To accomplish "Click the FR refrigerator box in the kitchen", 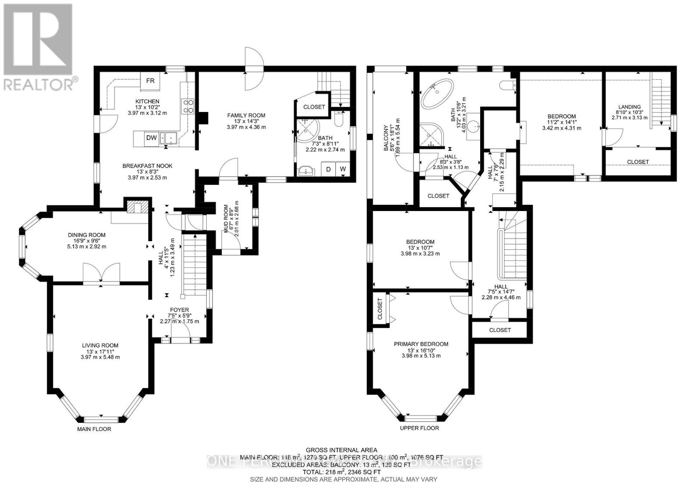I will pyautogui.click(x=150, y=81).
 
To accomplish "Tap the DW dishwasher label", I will pyautogui.click(x=151, y=138).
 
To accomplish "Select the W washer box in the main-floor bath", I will pyautogui.click(x=343, y=169).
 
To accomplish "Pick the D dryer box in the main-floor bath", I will pyautogui.click(x=329, y=169).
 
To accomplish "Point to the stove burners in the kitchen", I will pyautogui.click(x=189, y=106).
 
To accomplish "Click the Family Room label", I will pyautogui.click(x=246, y=115).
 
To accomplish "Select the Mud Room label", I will pyautogui.click(x=225, y=218).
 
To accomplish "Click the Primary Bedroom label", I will pyautogui.click(x=421, y=344).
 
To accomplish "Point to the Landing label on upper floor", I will pyautogui.click(x=629, y=107).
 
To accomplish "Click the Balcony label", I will pyautogui.click(x=386, y=140).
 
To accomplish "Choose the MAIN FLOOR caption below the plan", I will pyautogui.click(x=94, y=429).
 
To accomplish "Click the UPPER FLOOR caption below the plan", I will pyautogui.click(x=419, y=428).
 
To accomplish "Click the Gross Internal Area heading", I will pyautogui.click(x=341, y=450).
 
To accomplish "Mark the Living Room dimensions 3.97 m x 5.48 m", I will pyautogui.click(x=100, y=357).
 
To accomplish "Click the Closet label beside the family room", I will pyautogui.click(x=314, y=107).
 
